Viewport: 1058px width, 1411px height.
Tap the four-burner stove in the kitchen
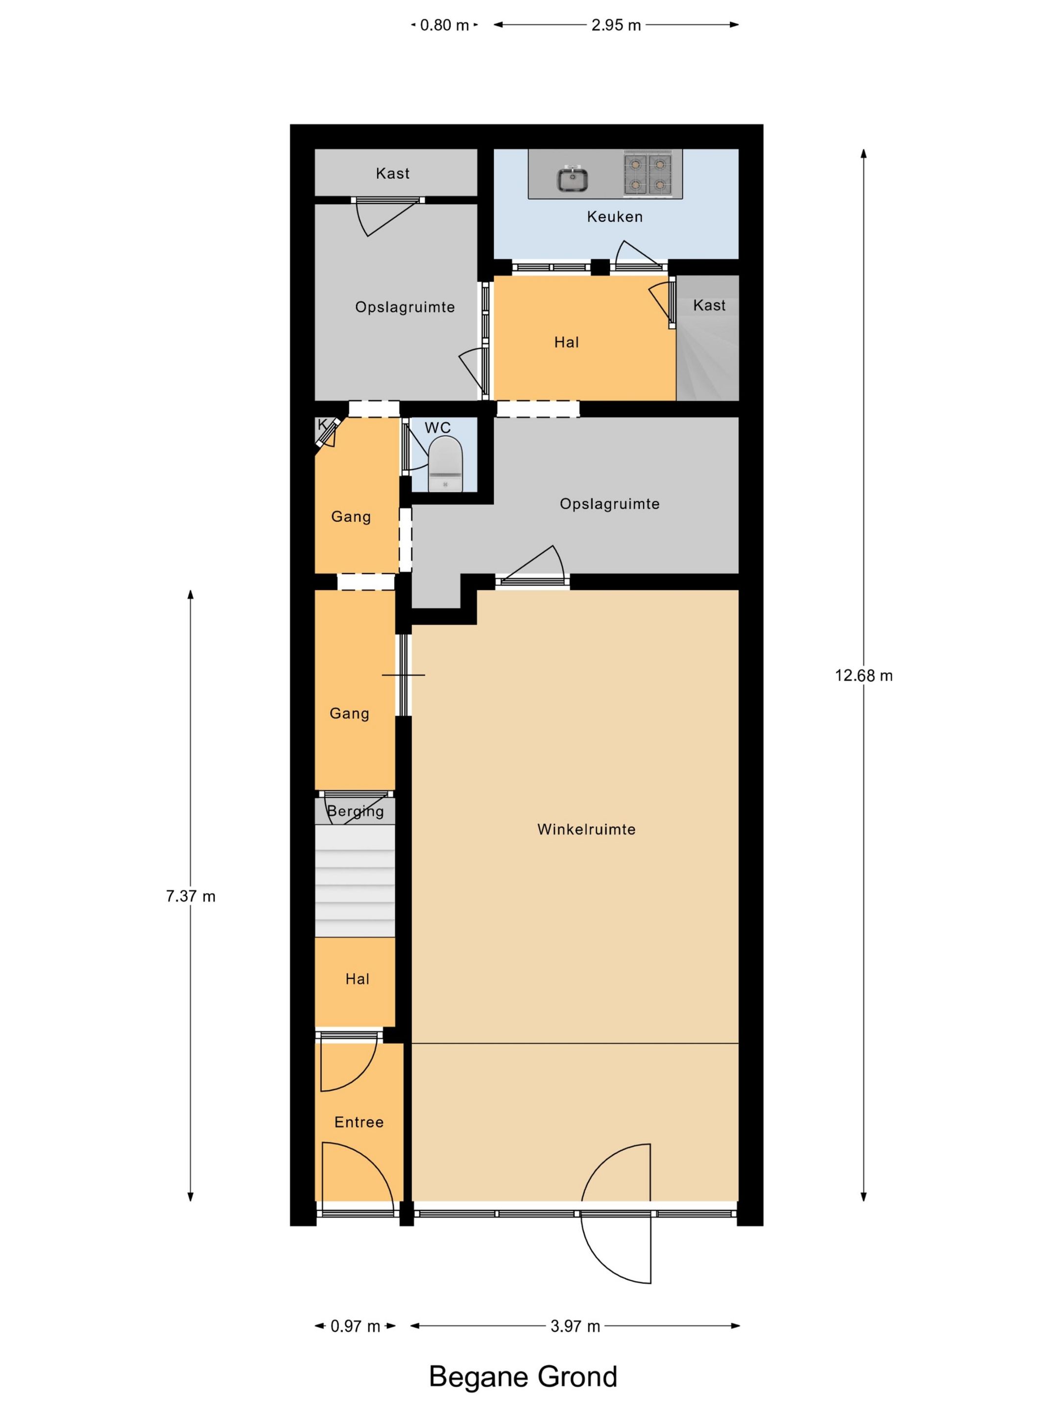[x=648, y=173]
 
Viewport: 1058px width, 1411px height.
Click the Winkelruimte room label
[x=586, y=829]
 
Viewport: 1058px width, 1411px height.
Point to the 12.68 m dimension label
[x=864, y=676]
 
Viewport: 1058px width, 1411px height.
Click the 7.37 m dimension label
[x=191, y=896]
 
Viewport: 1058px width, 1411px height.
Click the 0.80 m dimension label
[x=444, y=25]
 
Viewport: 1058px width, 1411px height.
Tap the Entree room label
[x=359, y=1122]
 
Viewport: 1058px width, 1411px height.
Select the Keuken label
[x=615, y=217]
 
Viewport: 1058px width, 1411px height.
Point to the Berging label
[x=355, y=811]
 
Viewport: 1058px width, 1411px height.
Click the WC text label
[x=437, y=427]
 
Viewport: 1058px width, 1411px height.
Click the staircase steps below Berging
[x=355, y=881]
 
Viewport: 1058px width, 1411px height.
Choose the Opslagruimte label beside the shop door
[x=610, y=504]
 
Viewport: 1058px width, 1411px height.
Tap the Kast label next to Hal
[x=709, y=306]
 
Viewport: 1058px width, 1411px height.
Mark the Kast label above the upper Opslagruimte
[x=392, y=173]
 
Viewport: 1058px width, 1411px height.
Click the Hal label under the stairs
[x=357, y=979]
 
